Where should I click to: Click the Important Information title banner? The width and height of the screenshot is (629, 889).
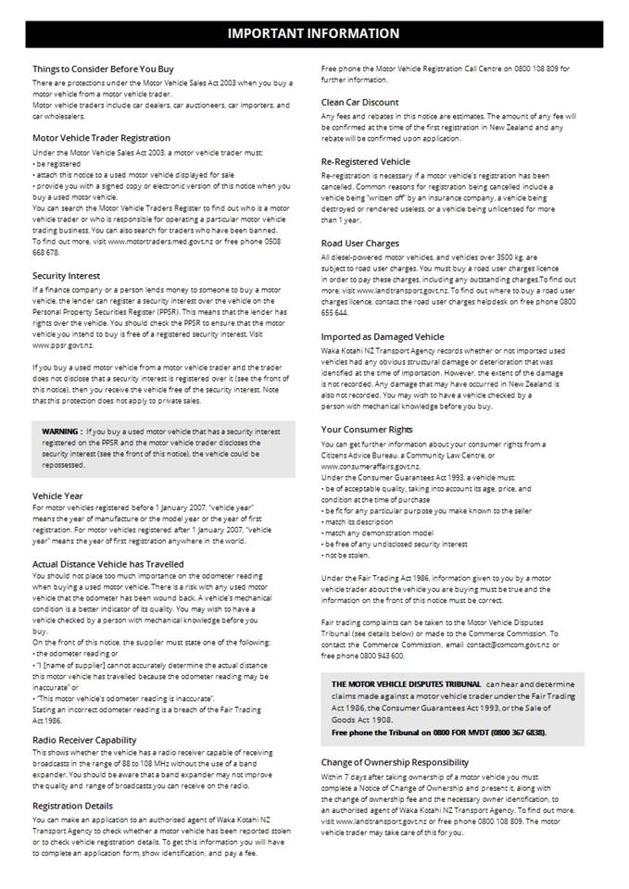click(x=314, y=33)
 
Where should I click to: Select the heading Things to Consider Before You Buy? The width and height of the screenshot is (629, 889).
click(x=103, y=69)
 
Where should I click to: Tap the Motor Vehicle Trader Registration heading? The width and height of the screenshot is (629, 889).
click(x=101, y=138)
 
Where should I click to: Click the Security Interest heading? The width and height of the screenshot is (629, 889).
click(x=67, y=276)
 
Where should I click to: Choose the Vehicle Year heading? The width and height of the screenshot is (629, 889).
click(x=57, y=496)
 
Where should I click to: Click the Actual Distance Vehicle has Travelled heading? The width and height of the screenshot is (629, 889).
click(x=107, y=564)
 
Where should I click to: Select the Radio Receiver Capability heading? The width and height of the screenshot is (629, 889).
click(x=84, y=740)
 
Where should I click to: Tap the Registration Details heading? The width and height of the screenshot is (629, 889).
click(x=72, y=806)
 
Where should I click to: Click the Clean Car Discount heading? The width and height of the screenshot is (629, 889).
click(x=360, y=102)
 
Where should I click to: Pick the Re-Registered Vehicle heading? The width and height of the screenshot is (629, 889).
click(x=365, y=161)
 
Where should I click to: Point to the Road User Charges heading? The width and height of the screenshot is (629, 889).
click(x=360, y=244)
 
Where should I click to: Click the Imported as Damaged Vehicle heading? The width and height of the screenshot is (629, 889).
click(x=382, y=337)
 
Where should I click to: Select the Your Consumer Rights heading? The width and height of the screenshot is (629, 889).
click(x=367, y=430)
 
